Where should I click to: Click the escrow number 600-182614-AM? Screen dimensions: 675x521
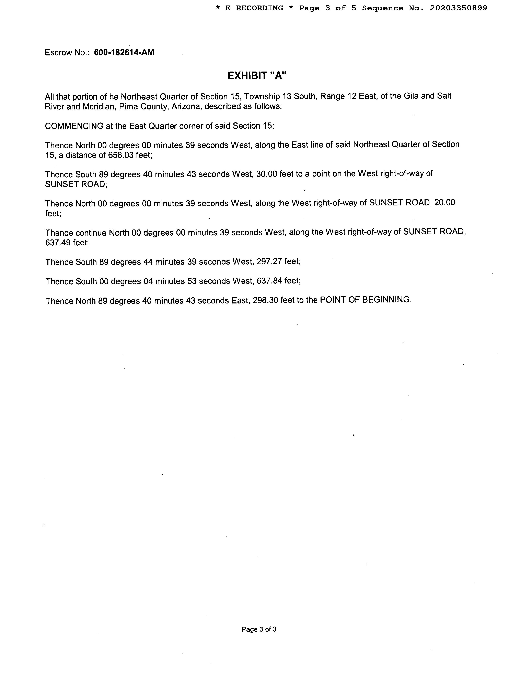[x=124, y=53]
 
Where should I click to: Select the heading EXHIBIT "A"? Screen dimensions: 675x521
[x=257, y=75]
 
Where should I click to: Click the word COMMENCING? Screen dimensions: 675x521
[x=74, y=126]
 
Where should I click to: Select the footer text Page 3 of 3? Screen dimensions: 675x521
[x=259, y=629]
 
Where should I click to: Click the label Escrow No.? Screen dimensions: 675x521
[x=67, y=53]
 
